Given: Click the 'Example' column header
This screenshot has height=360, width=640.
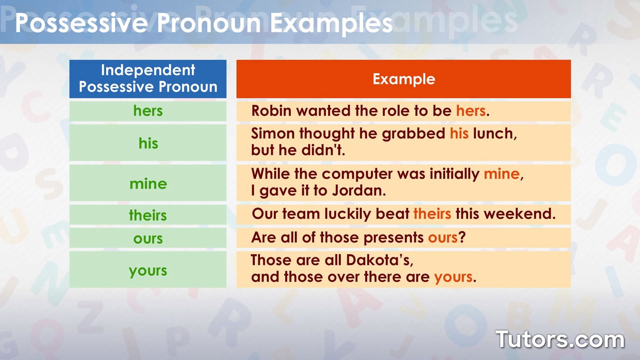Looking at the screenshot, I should (x=404, y=79).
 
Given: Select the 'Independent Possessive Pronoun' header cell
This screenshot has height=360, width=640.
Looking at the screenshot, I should (x=148, y=79).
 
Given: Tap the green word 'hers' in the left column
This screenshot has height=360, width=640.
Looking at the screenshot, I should (x=148, y=111).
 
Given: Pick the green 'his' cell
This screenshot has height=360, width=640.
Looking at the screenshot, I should (x=148, y=143).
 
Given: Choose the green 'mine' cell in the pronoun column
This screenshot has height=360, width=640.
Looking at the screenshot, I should (x=148, y=183).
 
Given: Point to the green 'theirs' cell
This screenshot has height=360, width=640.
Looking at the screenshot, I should (x=148, y=215).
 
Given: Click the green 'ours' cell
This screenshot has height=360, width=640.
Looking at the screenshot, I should (x=148, y=238).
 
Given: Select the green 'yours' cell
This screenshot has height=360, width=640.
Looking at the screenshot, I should (x=148, y=270).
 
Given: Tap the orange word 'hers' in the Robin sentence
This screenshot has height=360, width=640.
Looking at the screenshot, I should (x=471, y=111).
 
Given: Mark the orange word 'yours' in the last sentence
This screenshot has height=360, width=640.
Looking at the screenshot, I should (x=453, y=277).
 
